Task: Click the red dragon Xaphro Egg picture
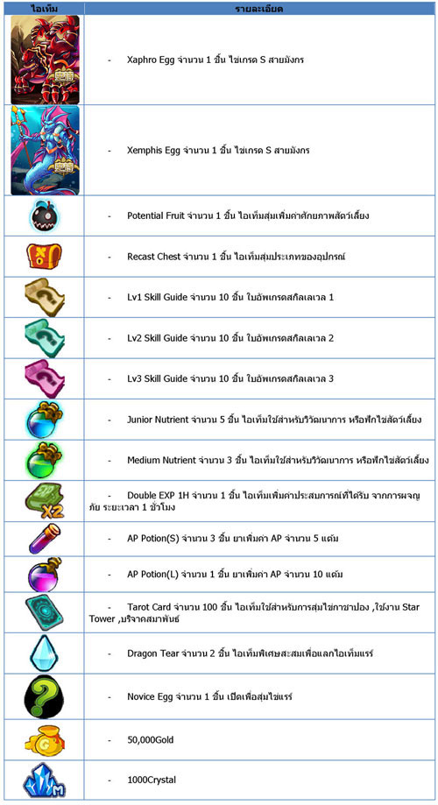click(x=45, y=60)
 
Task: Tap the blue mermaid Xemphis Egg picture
click(x=45, y=150)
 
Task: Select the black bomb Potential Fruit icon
click(x=45, y=215)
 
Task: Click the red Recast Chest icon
click(x=45, y=257)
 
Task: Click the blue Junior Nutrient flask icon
click(x=45, y=419)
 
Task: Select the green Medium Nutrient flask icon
click(x=45, y=460)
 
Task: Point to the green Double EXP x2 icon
click(x=45, y=501)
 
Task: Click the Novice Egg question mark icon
click(x=45, y=697)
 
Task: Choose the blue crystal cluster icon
click(x=45, y=780)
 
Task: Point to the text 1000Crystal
click(x=151, y=780)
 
